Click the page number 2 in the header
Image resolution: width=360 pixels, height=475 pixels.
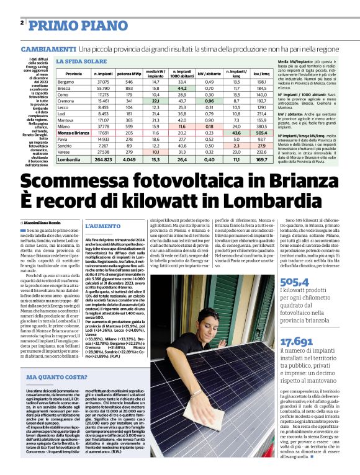point(22,23)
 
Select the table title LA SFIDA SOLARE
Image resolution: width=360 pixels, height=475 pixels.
point(81,61)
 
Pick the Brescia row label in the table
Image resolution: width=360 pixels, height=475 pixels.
point(64,88)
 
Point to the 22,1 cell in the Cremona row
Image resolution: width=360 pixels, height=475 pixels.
point(155,100)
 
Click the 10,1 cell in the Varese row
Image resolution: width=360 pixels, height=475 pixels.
point(155,152)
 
